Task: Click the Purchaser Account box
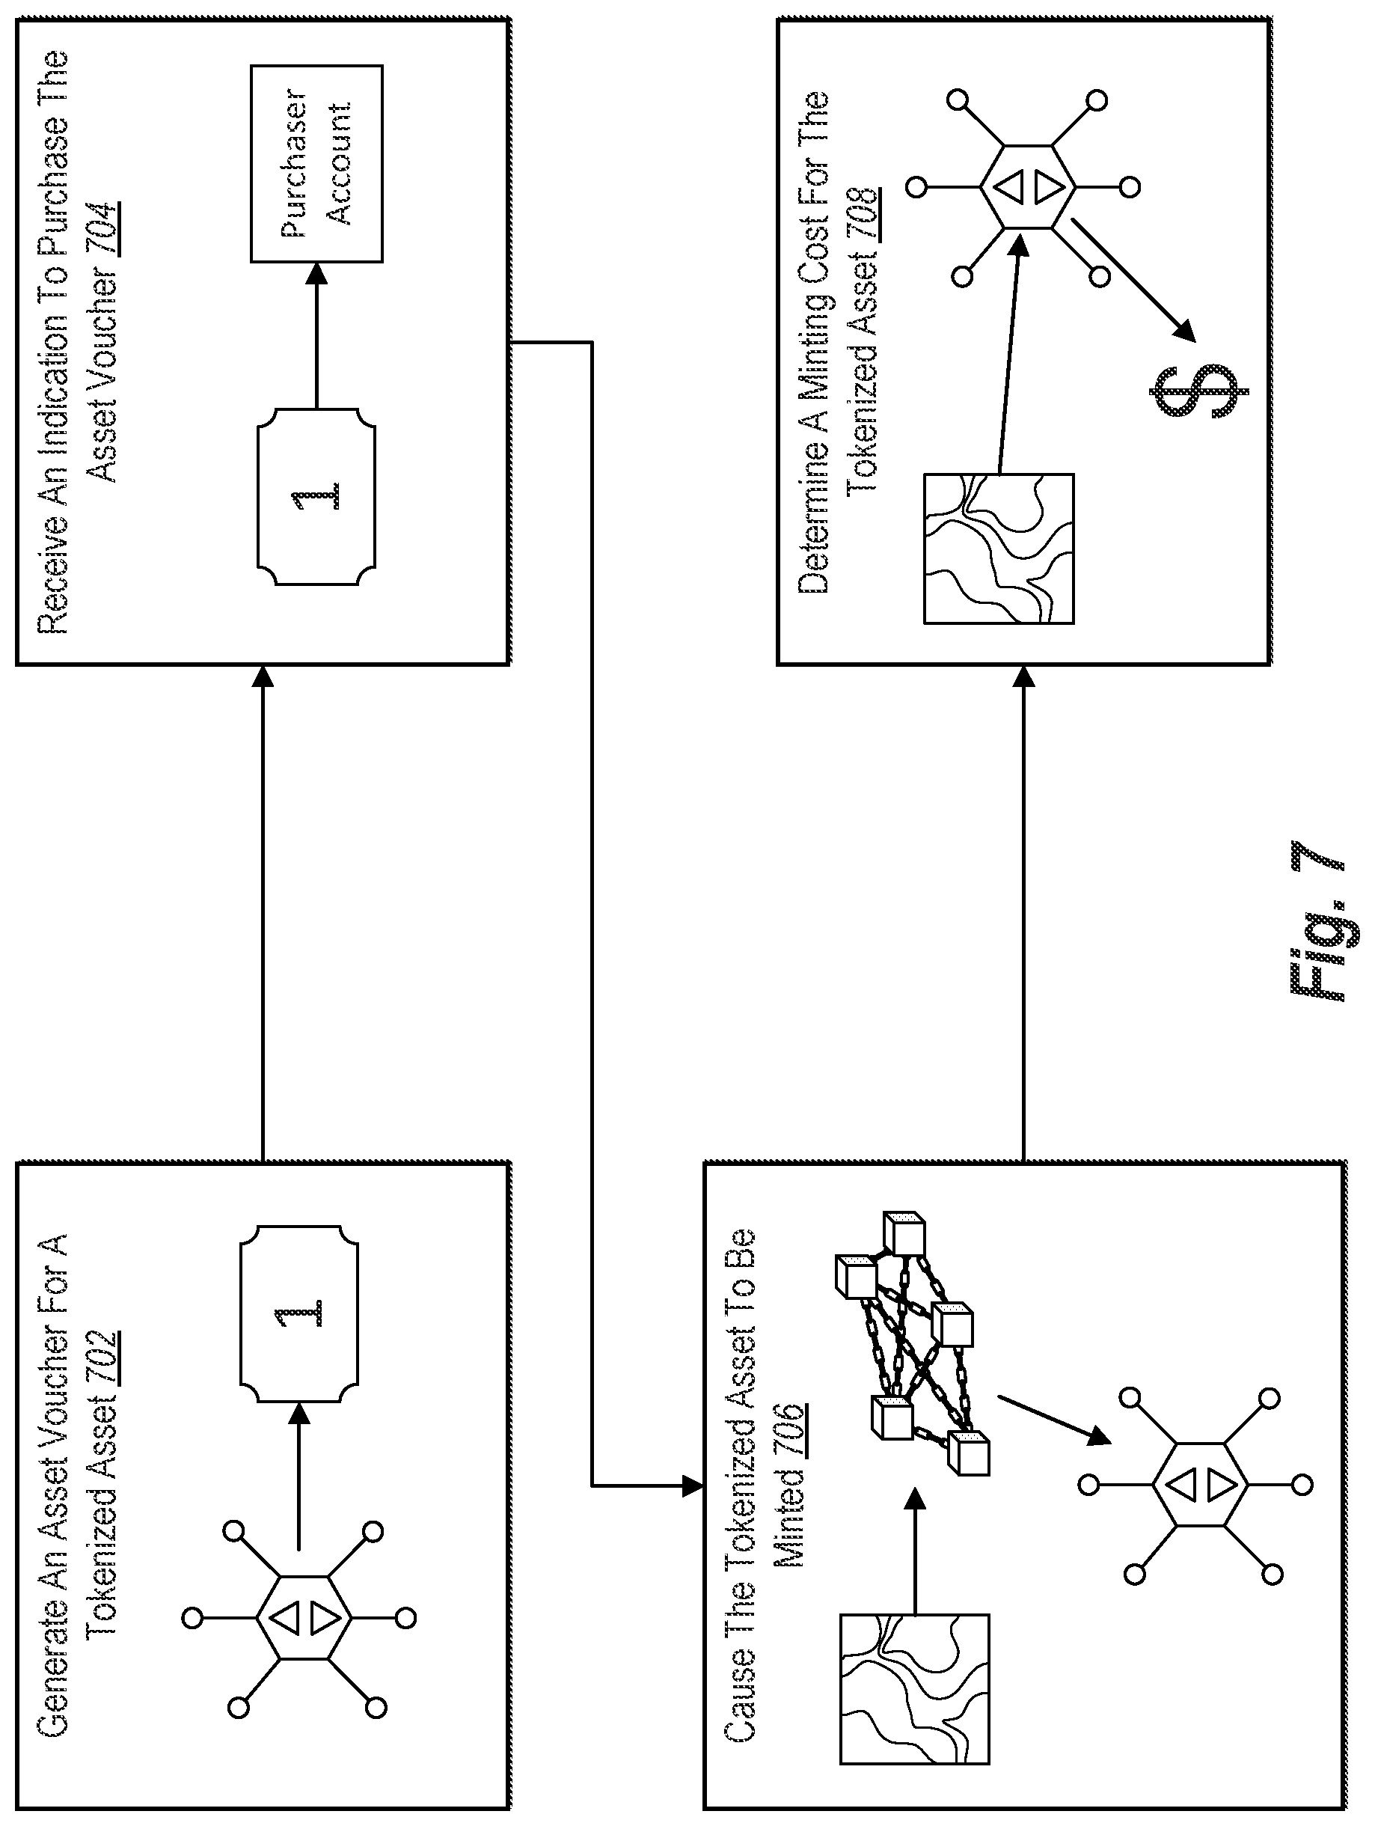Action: tap(317, 163)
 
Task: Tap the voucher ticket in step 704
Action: tap(317, 496)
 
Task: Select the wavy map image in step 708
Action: tap(999, 548)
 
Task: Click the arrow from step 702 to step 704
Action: tap(263, 914)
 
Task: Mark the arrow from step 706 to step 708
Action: tap(1023, 914)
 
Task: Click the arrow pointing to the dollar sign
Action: tap(1133, 279)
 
